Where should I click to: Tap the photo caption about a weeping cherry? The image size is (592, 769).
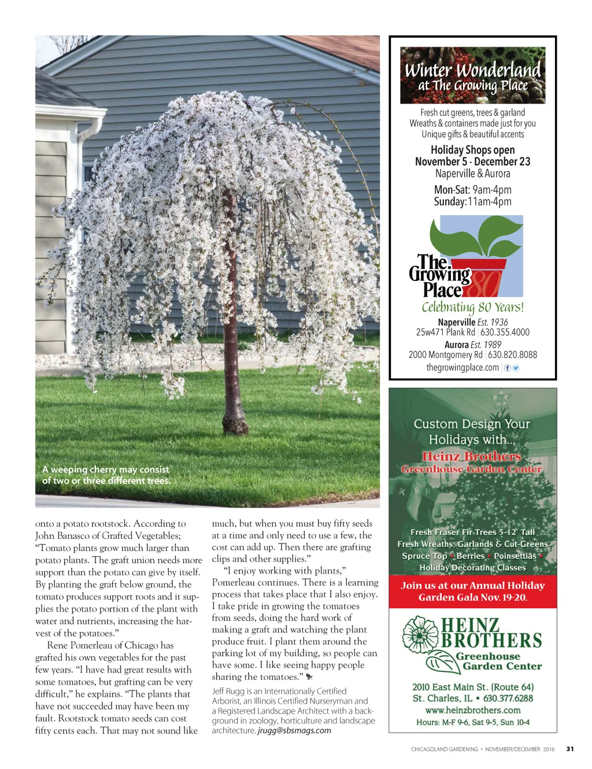pos(106,475)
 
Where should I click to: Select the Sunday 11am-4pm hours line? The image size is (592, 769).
pos(472,202)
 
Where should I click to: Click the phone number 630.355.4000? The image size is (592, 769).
pos(505,332)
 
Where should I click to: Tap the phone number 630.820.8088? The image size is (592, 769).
pos(512,355)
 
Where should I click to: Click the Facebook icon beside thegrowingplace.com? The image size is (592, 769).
pos(508,368)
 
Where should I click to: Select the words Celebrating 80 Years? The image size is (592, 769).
pos(472,307)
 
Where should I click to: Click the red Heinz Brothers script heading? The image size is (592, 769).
pos(471,457)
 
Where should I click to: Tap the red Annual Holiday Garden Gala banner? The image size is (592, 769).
pos(472,591)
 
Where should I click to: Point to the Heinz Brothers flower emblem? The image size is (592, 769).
pos(420,635)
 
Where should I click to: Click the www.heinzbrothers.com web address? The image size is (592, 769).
pos(472,710)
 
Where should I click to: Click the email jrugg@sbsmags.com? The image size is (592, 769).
pos(294,730)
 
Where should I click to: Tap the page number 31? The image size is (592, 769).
pos(570,749)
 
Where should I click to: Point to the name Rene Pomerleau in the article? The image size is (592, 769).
pos(86,645)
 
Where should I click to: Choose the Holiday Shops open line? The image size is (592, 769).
pos(472,150)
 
